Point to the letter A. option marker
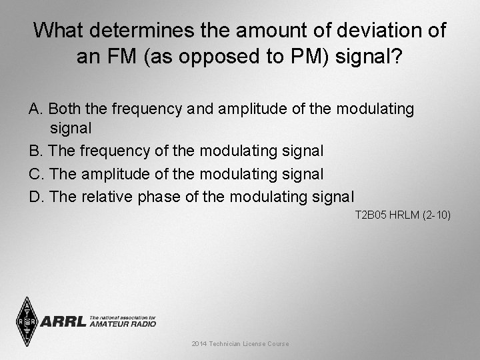[35, 108]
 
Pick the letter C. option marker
[36, 174]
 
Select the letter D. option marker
[36, 196]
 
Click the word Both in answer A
[64, 108]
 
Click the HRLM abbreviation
[402, 215]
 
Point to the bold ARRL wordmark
[63, 322]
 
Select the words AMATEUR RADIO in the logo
[123, 324]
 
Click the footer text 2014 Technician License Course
[240, 343]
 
